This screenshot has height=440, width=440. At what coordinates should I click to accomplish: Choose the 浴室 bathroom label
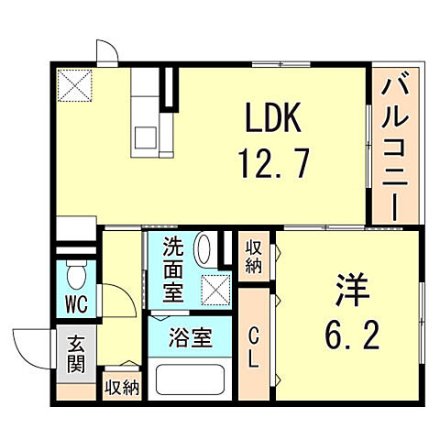pos(191,337)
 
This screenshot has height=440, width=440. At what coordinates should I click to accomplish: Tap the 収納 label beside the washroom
pos(254,256)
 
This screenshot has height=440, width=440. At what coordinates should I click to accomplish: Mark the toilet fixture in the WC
pos(75,273)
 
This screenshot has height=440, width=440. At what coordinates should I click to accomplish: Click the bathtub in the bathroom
pos(191,380)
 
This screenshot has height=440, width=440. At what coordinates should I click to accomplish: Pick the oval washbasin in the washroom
pos(204,250)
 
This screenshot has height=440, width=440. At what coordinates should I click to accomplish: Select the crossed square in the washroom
pos(217,290)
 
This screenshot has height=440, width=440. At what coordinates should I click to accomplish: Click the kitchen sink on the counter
pos(146,137)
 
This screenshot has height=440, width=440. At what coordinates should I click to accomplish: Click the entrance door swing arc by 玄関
pos(32,347)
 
